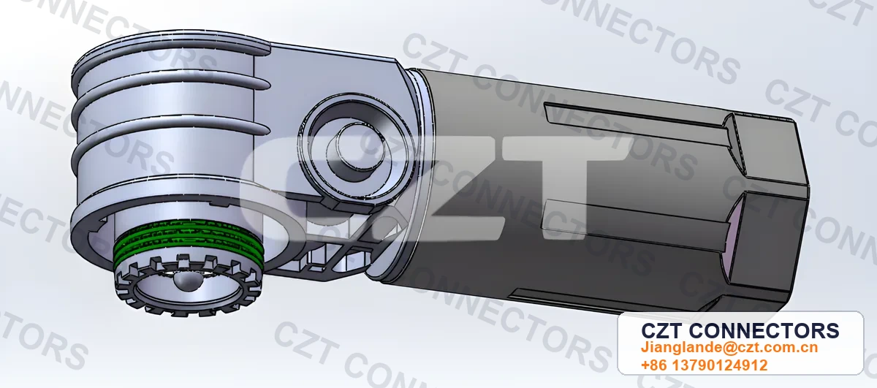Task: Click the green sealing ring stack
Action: [x=188, y=241]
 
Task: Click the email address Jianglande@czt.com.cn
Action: [x=729, y=347]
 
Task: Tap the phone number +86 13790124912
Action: [x=704, y=365]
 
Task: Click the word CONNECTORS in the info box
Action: [x=764, y=331]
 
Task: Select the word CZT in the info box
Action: [x=662, y=331]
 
